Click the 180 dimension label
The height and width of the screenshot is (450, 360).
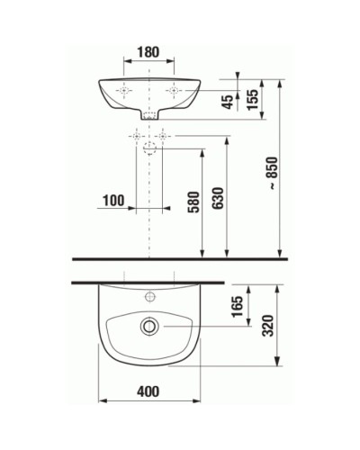click(148, 52)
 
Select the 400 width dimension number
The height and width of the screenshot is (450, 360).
click(148, 391)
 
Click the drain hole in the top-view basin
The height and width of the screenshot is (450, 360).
click(149, 325)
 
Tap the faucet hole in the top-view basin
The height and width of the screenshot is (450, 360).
click(149, 293)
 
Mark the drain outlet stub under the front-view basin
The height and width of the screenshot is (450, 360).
click(148, 117)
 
